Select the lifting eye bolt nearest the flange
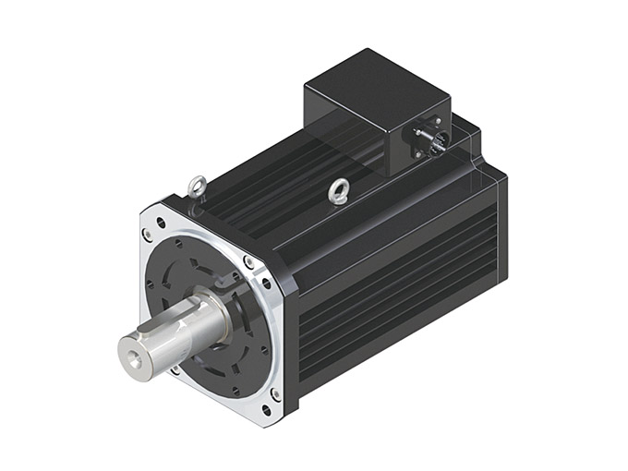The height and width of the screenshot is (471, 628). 196,187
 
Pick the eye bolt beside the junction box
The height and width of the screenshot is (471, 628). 339,191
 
